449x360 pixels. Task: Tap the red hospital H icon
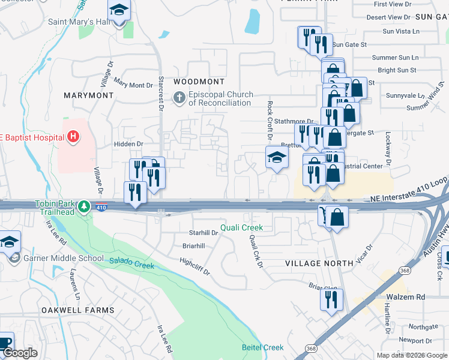click(x=73, y=137)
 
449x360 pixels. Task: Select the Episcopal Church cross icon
click(x=178, y=97)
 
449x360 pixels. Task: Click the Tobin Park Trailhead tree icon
click(x=85, y=206)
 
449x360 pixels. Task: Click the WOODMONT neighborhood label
click(x=199, y=81)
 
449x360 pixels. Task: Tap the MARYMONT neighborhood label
click(x=89, y=95)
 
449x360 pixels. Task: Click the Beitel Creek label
click(x=262, y=347)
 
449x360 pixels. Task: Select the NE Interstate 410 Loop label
click(x=409, y=197)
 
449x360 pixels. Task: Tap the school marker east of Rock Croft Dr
click(x=276, y=158)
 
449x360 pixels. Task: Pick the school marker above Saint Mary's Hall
click(x=119, y=10)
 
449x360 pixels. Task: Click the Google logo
click(x=20, y=353)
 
